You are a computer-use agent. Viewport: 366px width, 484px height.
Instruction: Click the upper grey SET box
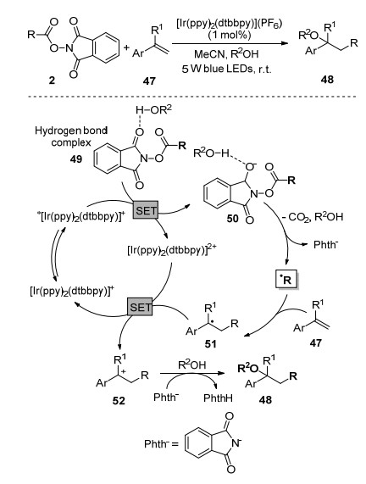[x=146, y=210]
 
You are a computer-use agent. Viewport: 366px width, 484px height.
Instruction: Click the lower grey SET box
[x=140, y=307]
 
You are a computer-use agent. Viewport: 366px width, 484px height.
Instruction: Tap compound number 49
[x=76, y=159]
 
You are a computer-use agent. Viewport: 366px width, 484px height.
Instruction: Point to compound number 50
[x=232, y=219]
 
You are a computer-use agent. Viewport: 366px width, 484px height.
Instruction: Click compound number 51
[x=210, y=343]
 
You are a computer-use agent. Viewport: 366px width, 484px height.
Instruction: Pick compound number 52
[x=119, y=400]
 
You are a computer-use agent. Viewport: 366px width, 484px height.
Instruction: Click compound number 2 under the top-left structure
[x=52, y=81]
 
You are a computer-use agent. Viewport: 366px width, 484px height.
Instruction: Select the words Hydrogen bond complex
[x=71, y=136]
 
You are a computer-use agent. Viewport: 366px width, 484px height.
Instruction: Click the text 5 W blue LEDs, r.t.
[x=226, y=69]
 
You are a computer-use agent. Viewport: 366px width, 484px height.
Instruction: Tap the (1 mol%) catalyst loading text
[x=230, y=35]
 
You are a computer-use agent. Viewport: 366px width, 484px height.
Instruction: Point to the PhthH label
[x=218, y=398]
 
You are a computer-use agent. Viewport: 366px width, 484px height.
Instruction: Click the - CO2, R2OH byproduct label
[x=313, y=217]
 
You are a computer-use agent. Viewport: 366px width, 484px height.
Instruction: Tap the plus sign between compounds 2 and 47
[x=126, y=47]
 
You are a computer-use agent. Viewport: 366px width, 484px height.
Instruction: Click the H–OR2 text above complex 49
[x=153, y=109]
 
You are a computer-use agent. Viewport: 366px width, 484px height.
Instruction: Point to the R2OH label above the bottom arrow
[x=192, y=365]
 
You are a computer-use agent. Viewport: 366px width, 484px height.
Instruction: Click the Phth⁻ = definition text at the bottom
[x=162, y=444]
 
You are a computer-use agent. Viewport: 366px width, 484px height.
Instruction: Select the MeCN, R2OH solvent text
[x=226, y=54]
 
